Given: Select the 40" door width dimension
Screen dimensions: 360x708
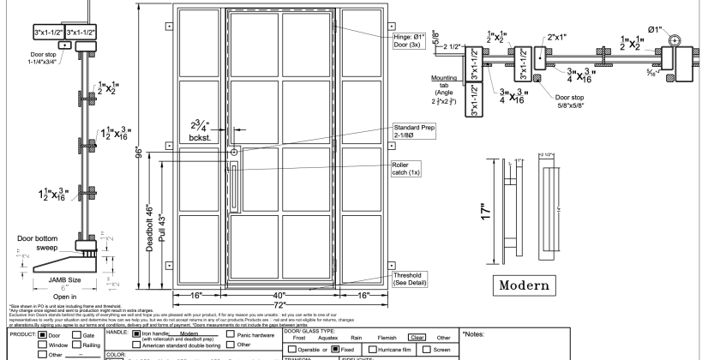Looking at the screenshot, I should (279, 293).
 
